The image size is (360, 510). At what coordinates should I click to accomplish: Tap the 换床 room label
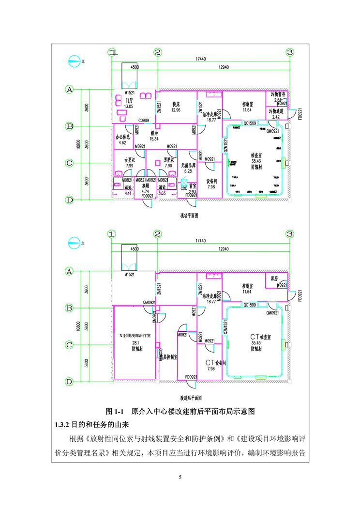click(x=176, y=104)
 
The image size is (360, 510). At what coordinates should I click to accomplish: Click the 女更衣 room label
click(x=129, y=160)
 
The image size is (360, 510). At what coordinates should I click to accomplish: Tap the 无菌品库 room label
click(x=188, y=165)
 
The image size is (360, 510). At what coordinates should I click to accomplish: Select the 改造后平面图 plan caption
click(x=189, y=396)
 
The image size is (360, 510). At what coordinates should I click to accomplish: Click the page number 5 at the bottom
click(x=180, y=478)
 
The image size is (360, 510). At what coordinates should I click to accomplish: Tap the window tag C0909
click(x=144, y=120)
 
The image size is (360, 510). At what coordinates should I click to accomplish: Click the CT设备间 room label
click(x=215, y=362)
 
